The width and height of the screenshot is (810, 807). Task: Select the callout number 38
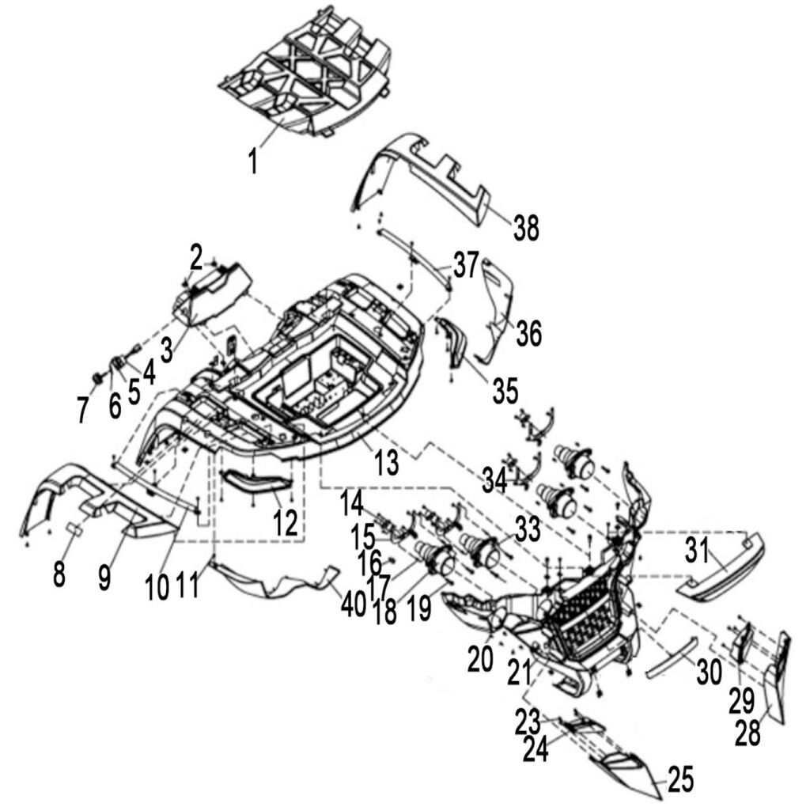point(524,228)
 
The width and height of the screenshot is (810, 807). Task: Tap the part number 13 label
point(385,461)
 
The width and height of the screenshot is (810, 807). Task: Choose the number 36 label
point(528,334)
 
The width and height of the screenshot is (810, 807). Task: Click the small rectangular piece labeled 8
point(77,529)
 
